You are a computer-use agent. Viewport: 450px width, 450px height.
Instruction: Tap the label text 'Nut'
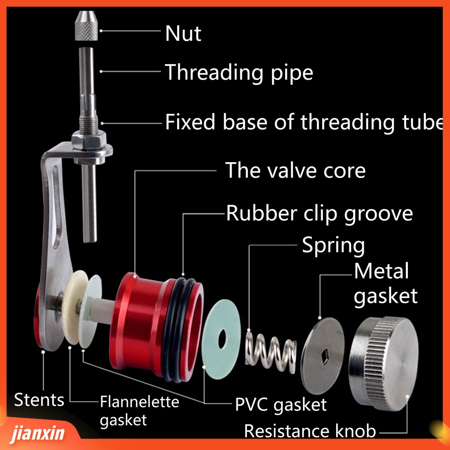pyautogui.click(x=183, y=34)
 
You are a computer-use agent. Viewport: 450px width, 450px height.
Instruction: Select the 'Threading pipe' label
pyautogui.click(x=239, y=72)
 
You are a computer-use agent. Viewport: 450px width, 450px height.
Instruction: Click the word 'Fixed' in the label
pyautogui.click(x=191, y=122)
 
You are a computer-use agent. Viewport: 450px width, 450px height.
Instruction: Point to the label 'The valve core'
pyautogui.click(x=295, y=170)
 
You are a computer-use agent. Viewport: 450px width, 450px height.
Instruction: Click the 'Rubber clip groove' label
pyautogui.click(x=319, y=214)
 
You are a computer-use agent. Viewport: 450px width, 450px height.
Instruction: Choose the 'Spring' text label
pyautogui.click(x=333, y=246)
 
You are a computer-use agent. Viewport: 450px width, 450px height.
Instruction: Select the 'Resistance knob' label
pyautogui.click(x=310, y=431)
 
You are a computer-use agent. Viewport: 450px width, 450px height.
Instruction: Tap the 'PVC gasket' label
pyautogui.click(x=281, y=404)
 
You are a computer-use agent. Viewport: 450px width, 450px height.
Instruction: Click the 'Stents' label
pyautogui.click(x=39, y=400)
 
